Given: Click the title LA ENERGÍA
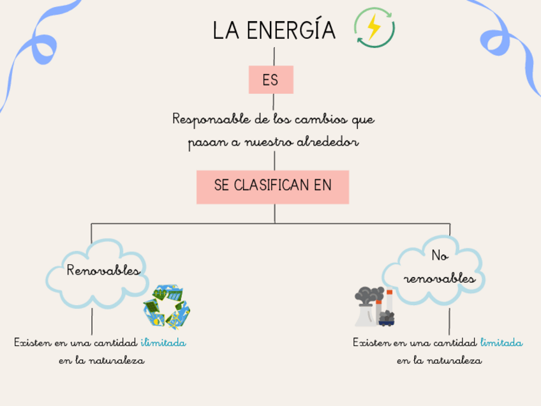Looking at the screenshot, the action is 274,31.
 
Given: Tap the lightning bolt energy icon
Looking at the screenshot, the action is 374,28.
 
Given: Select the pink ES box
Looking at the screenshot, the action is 270,80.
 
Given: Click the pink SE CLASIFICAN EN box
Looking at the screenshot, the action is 272,186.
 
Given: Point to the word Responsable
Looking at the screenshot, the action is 204,119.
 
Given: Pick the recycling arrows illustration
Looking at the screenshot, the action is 167,305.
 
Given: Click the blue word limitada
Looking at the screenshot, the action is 501,343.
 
